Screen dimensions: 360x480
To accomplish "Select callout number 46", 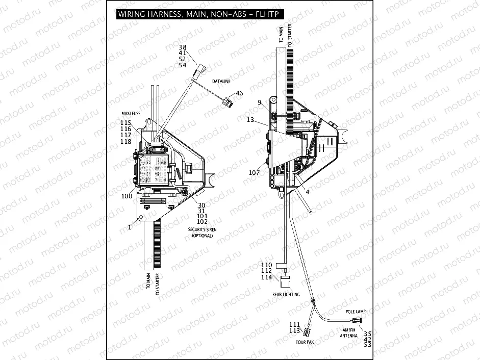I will [x=239, y=94].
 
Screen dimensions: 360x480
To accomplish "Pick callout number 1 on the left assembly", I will [x=130, y=227].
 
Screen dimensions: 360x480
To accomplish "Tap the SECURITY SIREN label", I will [x=202, y=230].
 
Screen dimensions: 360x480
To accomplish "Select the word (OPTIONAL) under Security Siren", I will [x=202, y=236].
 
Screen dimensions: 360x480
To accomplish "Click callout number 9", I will [x=260, y=102].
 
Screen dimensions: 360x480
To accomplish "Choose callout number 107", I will [x=255, y=172].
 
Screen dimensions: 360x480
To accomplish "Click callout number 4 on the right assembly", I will [x=307, y=192].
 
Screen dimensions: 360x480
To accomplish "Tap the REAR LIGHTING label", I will [x=286, y=295].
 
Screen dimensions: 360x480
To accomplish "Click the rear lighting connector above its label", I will [x=285, y=281].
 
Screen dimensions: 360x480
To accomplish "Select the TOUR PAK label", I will [x=305, y=342].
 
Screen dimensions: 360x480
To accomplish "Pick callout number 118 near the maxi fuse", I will [x=126, y=142].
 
